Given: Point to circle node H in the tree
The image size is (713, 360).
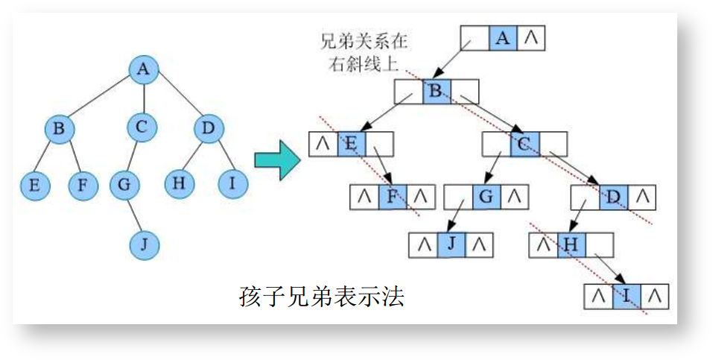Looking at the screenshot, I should [178, 183].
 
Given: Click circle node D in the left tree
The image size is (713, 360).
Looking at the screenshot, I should [208, 128].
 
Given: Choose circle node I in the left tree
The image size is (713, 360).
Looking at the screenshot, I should [232, 183].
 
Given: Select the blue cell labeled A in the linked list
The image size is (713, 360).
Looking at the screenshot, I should [503, 37].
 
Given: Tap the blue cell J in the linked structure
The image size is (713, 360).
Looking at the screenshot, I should [451, 244].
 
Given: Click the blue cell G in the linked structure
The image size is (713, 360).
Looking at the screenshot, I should [487, 197].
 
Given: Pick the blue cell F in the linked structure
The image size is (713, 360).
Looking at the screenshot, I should [393, 197].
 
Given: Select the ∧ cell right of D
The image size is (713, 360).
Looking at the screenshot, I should [642, 198].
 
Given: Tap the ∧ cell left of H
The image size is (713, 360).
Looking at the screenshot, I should [543, 244].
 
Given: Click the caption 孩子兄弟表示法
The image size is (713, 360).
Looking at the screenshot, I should [322, 297].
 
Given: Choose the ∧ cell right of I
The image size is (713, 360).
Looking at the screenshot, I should [654, 295].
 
